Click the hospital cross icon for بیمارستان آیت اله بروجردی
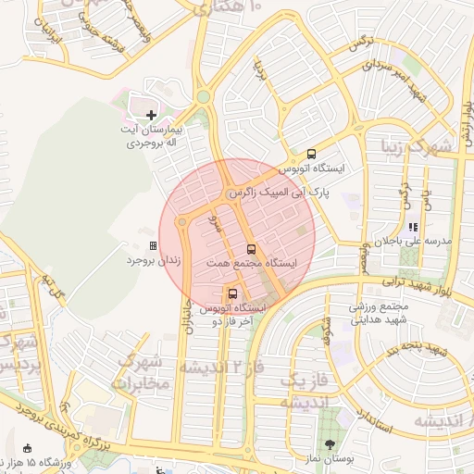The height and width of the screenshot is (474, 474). pos(152,115)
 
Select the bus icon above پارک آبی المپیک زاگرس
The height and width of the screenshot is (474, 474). pos(310,154)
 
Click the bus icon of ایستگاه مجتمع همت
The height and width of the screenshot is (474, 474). pos(250,249)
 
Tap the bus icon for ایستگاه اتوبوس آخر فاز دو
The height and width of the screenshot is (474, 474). pos(231,293)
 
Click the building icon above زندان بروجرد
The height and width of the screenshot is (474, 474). pos(153,246)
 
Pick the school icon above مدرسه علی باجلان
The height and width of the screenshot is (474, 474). pos(413,226)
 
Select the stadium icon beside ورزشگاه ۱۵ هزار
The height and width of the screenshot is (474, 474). pos(27,449)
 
